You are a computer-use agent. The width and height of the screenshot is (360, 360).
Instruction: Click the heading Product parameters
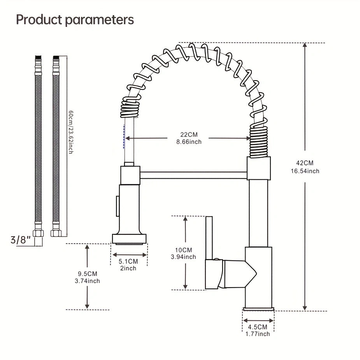[75, 19]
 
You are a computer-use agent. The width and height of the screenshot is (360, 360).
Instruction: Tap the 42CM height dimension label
[304, 163]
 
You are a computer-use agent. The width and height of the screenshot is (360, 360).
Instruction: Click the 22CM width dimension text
[189, 135]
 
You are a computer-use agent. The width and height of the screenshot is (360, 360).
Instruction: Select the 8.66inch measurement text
[189, 142]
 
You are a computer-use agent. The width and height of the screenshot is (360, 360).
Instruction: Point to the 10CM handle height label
[183, 249]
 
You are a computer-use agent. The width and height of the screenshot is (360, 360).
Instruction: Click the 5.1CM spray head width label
[128, 261]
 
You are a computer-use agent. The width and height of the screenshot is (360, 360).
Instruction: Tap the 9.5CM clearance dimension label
[87, 274]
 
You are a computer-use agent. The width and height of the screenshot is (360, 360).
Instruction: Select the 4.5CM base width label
[258, 327]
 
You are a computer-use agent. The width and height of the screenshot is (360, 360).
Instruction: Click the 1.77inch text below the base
[258, 334]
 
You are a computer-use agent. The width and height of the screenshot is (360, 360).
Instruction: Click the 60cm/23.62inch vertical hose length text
[71, 132]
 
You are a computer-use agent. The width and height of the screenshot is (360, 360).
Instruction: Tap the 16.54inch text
[304, 171]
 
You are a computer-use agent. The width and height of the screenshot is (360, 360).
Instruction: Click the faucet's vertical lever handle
[209, 237]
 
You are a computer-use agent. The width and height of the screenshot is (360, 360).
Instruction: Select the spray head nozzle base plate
[130, 238]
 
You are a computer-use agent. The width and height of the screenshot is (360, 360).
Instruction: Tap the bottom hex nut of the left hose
[38, 233]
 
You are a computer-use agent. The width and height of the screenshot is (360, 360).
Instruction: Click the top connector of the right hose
[56, 58]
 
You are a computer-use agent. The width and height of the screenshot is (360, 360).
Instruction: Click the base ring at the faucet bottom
[258, 309]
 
